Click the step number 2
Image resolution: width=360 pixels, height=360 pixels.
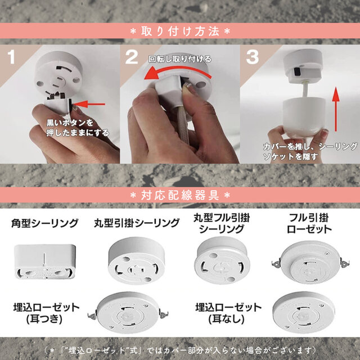click(132, 57)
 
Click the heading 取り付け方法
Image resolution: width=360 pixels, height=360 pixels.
click(179, 30)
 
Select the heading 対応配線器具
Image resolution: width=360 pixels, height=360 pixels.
click(179, 195)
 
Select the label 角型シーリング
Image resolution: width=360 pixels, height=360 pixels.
click(44, 223)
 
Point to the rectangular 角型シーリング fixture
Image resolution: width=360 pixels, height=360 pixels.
click(43, 262)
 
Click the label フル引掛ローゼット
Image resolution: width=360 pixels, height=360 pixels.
click(309, 223)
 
